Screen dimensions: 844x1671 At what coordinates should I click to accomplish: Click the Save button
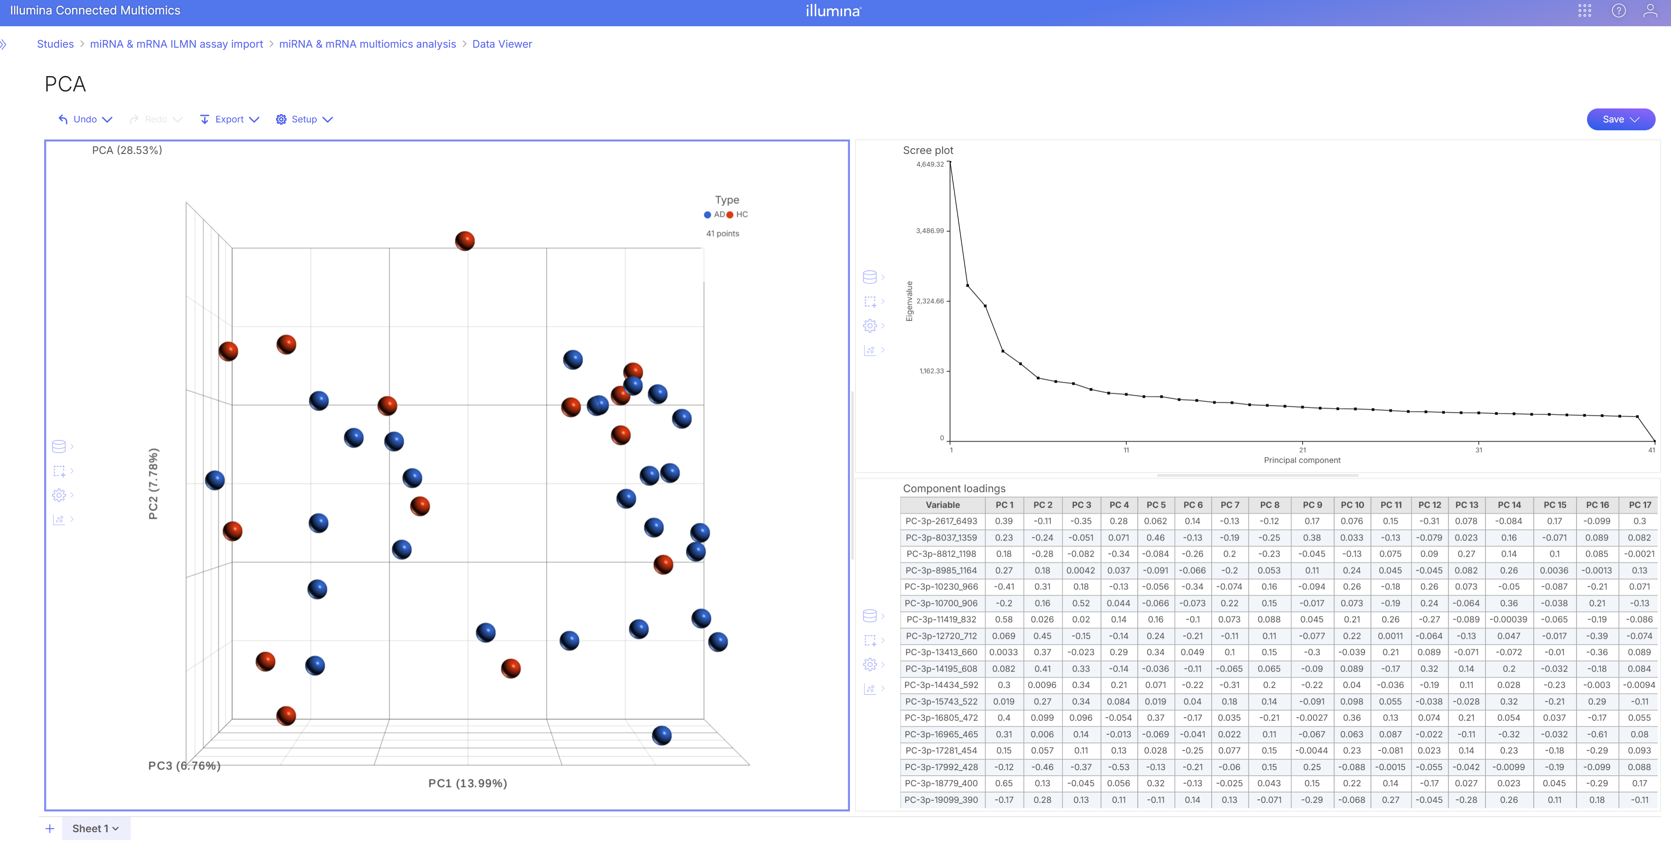[1620, 119]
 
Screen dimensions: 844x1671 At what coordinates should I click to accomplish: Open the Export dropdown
[230, 119]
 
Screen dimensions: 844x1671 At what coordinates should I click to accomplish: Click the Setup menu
[304, 119]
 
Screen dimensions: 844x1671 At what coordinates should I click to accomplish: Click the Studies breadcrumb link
[55, 44]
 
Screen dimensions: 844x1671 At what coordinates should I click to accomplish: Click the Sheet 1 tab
[95, 828]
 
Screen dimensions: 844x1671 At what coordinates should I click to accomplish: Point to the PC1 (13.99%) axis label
[467, 783]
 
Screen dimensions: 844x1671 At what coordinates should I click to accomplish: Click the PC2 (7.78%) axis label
[153, 483]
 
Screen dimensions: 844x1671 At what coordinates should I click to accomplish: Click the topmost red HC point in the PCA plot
[465, 241]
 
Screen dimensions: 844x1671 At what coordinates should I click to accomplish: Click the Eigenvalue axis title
[909, 301]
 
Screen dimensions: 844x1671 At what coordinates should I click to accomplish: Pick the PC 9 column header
[1311, 505]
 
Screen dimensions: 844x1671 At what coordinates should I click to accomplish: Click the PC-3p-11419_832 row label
[941, 620]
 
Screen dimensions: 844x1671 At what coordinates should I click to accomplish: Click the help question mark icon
[1619, 11]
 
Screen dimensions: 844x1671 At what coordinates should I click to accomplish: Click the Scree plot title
[928, 150]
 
